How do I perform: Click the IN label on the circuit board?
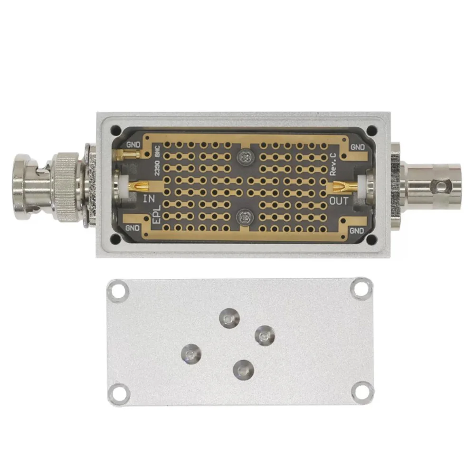click(x=149, y=199)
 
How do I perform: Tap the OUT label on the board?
click(x=339, y=200)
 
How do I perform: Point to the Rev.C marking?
click(x=333, y=164)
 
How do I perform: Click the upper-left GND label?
click(x=133, y=145)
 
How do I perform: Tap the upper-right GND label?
click(x=358, y=147)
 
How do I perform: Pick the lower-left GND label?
click(x=133, y=228)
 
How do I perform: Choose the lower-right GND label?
click(x=357, y=230)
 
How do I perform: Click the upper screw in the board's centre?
click(x=245, y=157)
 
